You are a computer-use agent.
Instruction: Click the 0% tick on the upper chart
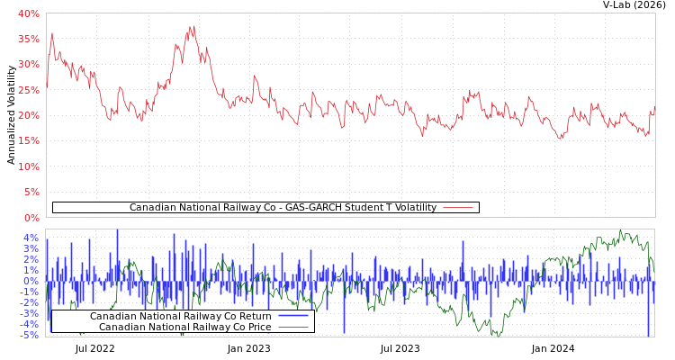pyautogui.click(x=31, y=218)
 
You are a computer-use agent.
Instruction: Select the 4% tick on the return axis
pyautogui.click(x=31, y=238)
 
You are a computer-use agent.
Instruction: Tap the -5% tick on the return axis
pyautogui.click(x=31, y=335)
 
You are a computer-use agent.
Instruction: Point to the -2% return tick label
pyautogui.click(x=31, y=302)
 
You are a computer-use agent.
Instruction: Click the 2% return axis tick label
pyautogui.click(x=31, y=259)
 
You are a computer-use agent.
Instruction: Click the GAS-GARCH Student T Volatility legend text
pyautogui.click(x=283, y=208)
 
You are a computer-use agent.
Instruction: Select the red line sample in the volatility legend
pyautogui.click(x=458, y=208)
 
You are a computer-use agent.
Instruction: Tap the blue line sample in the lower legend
pyautogui.click(x=292, y=316)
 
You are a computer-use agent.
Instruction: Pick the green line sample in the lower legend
pyautogui.click(x=292, y=327)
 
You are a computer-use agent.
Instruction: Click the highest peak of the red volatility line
pyautogui.click(x=193, y=26)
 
